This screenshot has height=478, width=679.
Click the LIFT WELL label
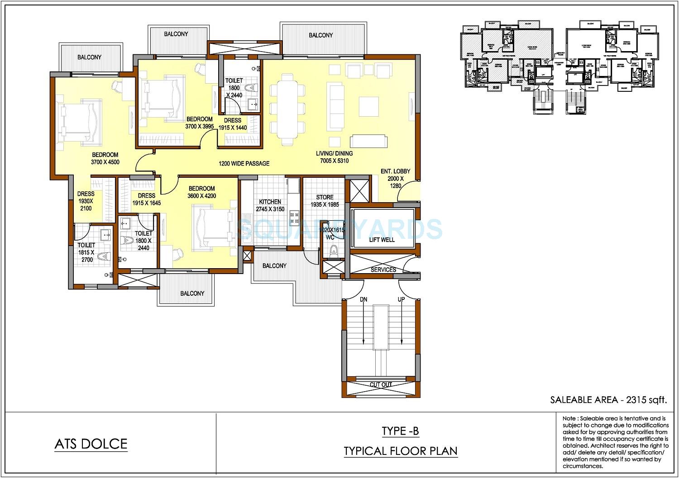point(382,240)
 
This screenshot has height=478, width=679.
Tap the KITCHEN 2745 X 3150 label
point(270,205)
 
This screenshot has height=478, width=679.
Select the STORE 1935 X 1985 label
point(325,201)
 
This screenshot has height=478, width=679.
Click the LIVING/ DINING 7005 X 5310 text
point(334,157)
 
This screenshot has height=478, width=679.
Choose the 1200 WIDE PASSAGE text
point(244,163)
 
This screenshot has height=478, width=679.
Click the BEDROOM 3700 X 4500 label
point(105,158)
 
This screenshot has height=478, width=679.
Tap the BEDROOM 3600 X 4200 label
point(202,192)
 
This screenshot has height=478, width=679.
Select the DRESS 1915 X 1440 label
point(233,124)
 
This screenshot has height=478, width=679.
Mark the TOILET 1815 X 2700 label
point(86,252)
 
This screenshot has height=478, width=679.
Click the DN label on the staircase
point(363,299)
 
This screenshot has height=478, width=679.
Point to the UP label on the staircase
point(401,299)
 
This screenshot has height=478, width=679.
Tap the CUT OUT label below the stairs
point(381,384)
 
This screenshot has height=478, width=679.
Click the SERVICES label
point(383,270)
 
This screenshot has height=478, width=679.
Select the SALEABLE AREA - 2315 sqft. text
point(609,399)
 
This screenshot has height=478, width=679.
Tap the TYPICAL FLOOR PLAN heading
point(400,451)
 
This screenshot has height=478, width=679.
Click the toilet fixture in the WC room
point(335,251)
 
